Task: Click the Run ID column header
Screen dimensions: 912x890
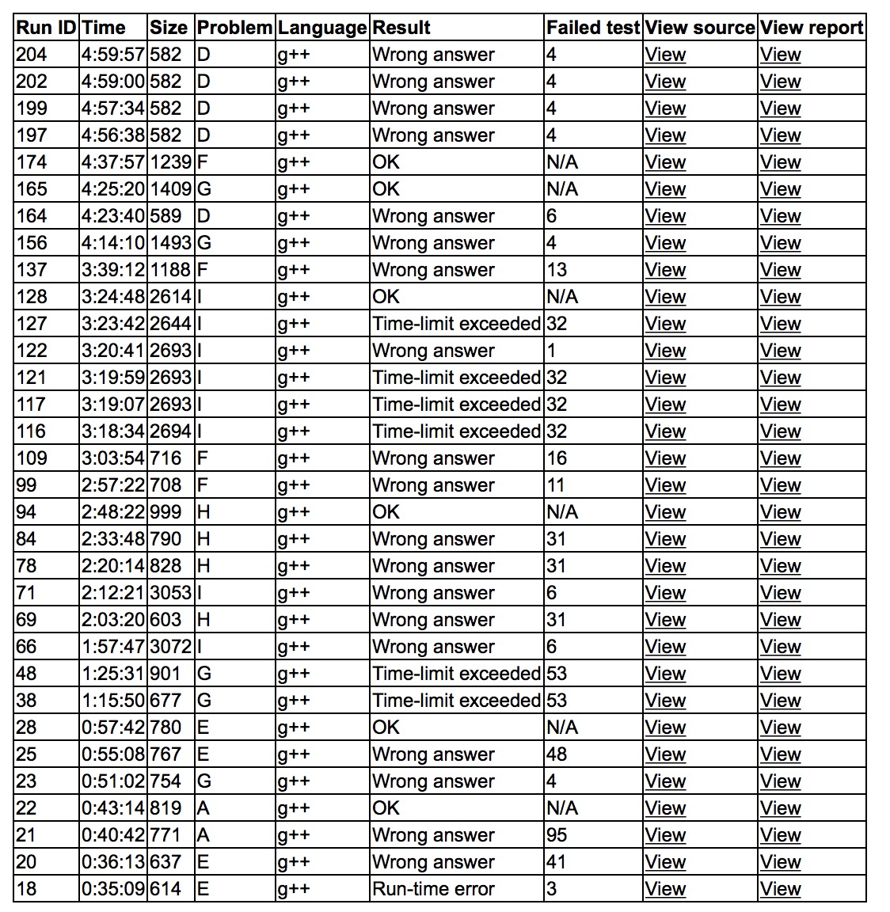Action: [x=46, y=28]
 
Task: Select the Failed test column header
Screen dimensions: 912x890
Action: [x=592, y=28]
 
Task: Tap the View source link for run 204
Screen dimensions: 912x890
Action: [x=665, y=55]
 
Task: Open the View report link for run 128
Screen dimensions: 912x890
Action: [x=780, y=297]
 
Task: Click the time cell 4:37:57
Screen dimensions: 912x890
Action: [x=112, y=162]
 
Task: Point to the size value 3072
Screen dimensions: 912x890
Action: [x=170, y=647]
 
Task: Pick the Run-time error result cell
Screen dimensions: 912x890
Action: [x=433, y=889]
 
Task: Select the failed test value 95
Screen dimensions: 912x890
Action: [x=557, y=835]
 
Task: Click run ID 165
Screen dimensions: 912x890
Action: [x=32, y=189]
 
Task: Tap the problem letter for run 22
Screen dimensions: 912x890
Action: [x=203, y=808]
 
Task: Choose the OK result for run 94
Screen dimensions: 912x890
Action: [x=386, y=512]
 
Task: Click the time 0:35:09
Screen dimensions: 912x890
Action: [x=112, y=889]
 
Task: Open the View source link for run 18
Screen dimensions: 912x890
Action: [x=665, y=889]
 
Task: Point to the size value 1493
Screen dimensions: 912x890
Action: [x=170, y=243]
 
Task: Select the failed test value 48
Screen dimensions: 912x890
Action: [x=557, y=754]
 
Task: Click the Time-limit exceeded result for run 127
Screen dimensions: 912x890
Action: [x=456, y=324]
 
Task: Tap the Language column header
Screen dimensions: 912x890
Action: [x=322, y=28]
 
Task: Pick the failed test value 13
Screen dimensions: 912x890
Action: [x=557, y=270]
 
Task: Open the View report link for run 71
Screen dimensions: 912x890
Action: [x=780, y=593]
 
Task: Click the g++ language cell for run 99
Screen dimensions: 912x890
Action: [x=294, y=485]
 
